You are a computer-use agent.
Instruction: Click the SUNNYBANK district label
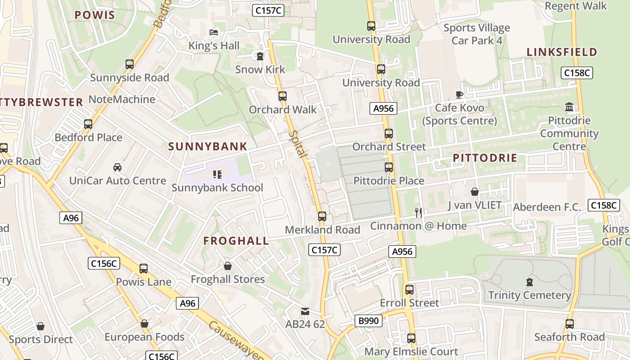(208, 146)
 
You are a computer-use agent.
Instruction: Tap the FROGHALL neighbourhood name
(236, 241)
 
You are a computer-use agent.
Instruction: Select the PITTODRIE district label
(485, 158)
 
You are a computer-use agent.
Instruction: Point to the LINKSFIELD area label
(562, 52)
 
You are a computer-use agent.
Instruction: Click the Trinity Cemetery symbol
(530, 282)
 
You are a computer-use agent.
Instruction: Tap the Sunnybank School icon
(217, 175)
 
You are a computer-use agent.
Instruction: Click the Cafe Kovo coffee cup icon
(459, 94)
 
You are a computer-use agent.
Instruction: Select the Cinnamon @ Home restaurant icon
(418, 213)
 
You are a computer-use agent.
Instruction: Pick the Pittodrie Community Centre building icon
(569, 107)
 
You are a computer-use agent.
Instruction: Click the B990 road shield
(369, 321)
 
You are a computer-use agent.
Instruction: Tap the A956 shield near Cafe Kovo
(383, 108)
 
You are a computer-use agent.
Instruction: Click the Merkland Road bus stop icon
(322, 216)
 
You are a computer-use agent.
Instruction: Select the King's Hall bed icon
(214, 32)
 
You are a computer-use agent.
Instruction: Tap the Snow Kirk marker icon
(260, 56)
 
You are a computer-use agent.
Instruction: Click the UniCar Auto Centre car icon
(117, 167)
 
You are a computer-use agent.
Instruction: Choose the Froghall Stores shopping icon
(228, 266)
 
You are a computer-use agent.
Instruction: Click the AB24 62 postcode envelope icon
(305, 311)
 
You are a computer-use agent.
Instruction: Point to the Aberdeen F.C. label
(547, 207)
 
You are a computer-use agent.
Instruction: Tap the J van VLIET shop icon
(474, 192)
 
